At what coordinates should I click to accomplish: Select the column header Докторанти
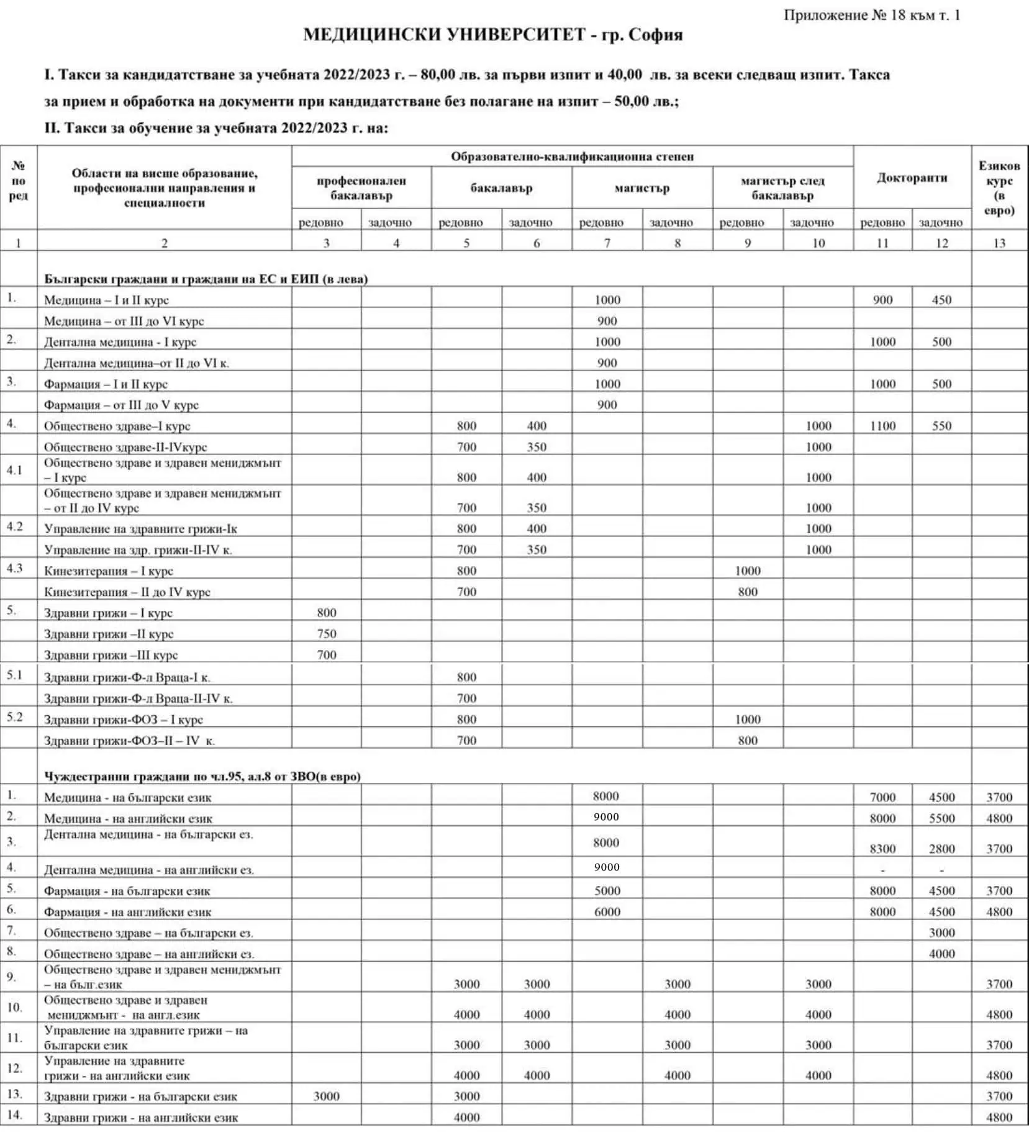click(912, 178)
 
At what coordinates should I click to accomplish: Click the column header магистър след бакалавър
click(782, 188)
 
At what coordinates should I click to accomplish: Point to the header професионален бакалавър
click(361, 188)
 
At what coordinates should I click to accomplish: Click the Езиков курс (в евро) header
click(999, 187)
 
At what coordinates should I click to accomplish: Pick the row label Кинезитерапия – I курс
click(108, 571)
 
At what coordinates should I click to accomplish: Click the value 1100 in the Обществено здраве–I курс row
click(882, 426)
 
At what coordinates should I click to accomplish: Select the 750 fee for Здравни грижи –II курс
click(326, 634)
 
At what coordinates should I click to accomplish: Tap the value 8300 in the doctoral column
click(882, 849)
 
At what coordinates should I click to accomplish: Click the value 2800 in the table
click(941, 849)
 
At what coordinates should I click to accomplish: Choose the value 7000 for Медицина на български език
click(882, 797)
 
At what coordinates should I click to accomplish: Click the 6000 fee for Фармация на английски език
click(607, 911)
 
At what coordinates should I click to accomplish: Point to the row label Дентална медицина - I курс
click(120, 342)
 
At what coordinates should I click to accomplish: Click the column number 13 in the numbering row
click(999, 243)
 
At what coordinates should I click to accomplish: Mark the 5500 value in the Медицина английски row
click(941, 818)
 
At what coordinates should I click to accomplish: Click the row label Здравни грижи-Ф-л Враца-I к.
click(127, 677)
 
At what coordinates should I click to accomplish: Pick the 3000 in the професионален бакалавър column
click(326, 1096)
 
